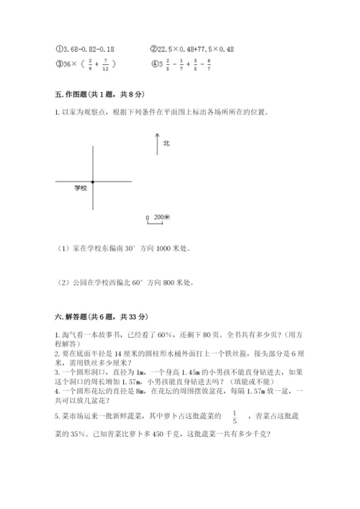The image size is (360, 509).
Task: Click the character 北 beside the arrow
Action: click(x=166, y=143)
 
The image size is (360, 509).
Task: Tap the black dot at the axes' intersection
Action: click(x=93, y=181)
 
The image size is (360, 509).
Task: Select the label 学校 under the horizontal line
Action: click(x=80, y=189)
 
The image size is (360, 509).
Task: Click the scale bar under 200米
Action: click(x=153, y=222)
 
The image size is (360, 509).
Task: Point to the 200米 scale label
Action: click(x=161, y=216)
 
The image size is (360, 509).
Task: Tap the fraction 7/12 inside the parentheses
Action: click(x=106, y=65)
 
